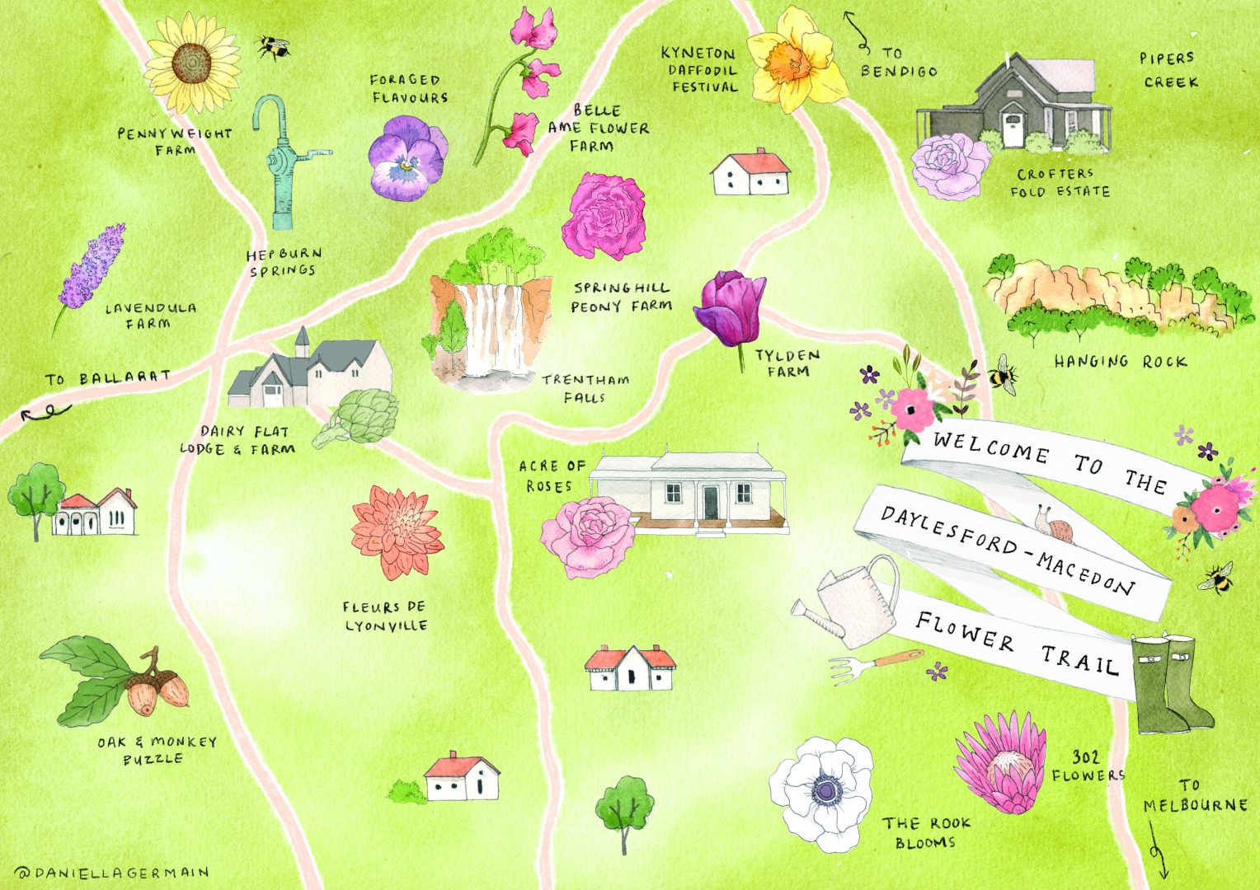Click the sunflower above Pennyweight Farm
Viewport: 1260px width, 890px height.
191,63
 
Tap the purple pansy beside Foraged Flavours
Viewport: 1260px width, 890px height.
406,157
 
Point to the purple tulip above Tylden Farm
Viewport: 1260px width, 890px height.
731,308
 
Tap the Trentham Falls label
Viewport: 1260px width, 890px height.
585,388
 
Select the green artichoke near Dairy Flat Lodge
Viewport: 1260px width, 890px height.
363,415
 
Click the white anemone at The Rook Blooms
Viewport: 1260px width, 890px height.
821,792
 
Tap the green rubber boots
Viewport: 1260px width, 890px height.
1169,686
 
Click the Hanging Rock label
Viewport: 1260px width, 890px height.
1120,361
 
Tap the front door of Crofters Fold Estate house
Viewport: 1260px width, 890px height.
1013,130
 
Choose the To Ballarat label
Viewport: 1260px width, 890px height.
108,378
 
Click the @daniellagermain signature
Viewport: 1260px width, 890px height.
111,872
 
